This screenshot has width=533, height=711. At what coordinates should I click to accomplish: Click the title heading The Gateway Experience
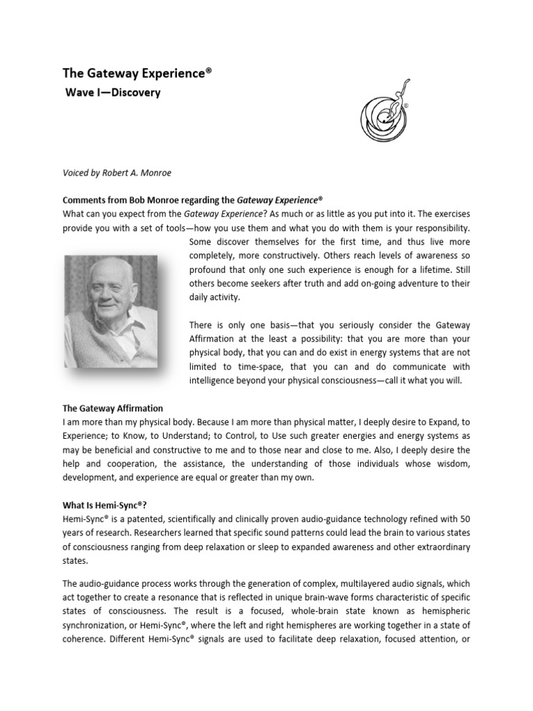pyautogui.click(x=137, y=73)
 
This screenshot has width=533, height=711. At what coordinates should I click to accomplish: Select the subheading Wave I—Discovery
pyautogui.click(x=112, y=93)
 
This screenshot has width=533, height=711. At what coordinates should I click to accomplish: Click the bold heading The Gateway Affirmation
pyautogui.click(x=113, y=408)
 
